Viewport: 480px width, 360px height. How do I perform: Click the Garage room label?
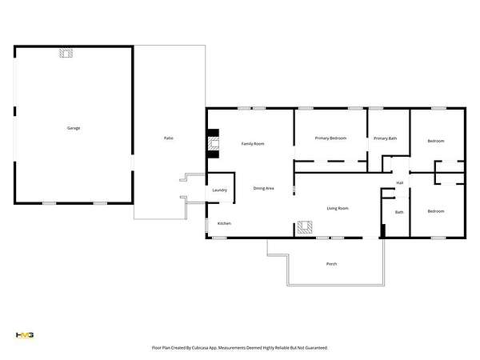tap(74, 128)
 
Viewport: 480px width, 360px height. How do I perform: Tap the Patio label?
tap(169, 138)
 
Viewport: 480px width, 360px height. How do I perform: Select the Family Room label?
tap(253, 143)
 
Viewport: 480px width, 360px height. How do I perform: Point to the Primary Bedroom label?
tap(330, 138)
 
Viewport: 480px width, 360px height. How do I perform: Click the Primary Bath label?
tap(385, 138)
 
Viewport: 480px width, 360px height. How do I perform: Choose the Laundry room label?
tap(220, 190)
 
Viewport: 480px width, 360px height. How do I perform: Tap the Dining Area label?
tap(263, 188)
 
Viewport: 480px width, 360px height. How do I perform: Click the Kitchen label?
tap(224, 223)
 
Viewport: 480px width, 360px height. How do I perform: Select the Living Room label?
tap(338, 209)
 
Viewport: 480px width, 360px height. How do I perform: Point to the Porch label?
tap(331, 264)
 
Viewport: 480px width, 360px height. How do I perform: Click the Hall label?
tap(400, 182)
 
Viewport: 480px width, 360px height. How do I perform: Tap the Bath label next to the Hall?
tap(399, 212)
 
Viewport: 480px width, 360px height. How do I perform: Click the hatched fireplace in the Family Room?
tap(214, 143)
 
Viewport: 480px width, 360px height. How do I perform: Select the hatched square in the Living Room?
tap(305, 227)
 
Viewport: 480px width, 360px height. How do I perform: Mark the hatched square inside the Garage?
tap(66, 53)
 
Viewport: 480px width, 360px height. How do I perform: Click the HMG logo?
tap(25, 335)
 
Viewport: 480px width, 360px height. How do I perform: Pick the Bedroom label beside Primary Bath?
tap(436, 141)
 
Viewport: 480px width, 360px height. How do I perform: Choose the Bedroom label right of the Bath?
tap(436, 211)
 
